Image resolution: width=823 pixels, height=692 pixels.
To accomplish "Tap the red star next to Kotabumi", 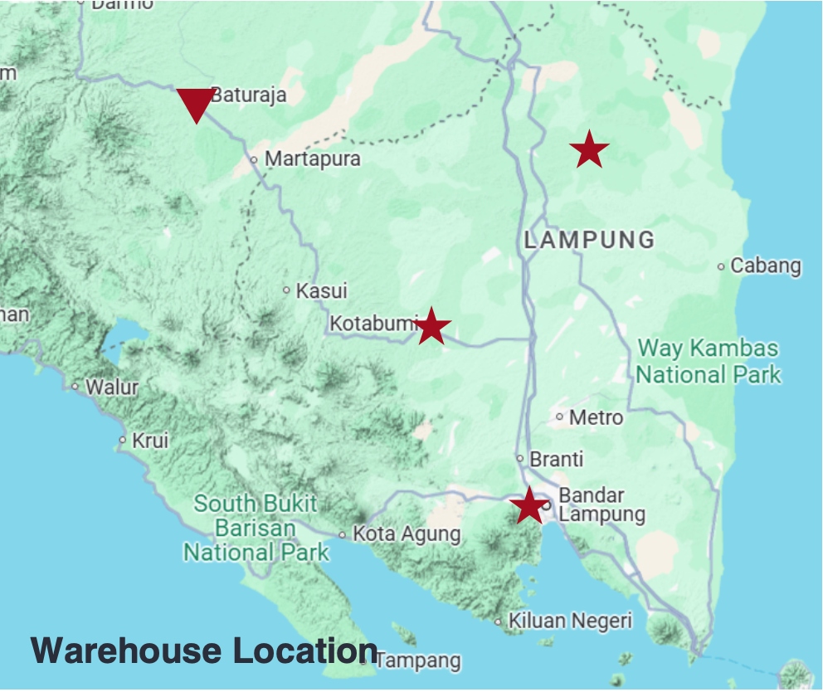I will (x=431, y=326).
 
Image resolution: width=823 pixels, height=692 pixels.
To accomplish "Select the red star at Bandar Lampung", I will (x=528, y=505).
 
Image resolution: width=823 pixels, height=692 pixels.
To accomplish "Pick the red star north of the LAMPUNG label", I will (x=589, y=150).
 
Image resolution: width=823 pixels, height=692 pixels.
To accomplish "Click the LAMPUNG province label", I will (x=590, y=241).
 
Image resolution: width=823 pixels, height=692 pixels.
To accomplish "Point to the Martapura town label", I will (x=313, y=158).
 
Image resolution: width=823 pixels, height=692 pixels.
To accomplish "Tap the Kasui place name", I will (x=322, y=291).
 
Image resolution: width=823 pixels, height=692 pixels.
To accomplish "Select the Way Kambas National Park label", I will (x=709, y=361).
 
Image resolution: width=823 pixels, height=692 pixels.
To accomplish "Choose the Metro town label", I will (x=596, y=417).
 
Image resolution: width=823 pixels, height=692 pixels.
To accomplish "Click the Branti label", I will (x=557, y=459).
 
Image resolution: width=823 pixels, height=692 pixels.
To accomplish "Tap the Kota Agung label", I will (x=407, y=534).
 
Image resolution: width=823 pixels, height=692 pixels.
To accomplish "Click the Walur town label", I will (x=112, y=387).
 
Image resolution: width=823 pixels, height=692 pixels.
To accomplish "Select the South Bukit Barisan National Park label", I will (x=256, y=528).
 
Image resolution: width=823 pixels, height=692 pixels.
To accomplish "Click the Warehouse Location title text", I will (x=204, y=650).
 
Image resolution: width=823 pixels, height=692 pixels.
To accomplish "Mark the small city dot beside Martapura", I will (x=254, y=159).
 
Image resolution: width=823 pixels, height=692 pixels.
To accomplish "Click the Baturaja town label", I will (x=248, y=95).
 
